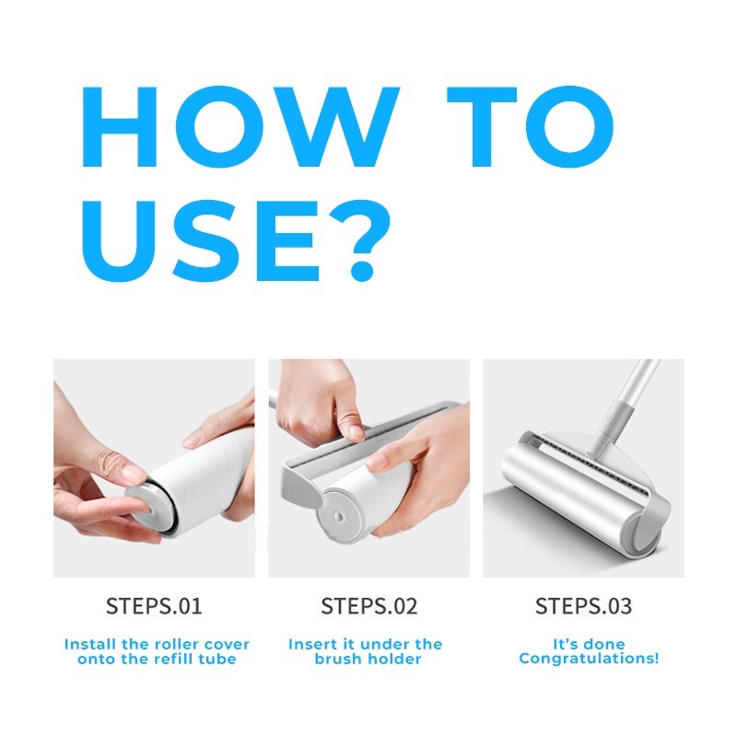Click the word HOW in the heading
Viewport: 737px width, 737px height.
point(240,127)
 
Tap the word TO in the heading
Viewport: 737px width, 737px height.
point(531,127)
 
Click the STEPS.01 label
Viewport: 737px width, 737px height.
point(154,606)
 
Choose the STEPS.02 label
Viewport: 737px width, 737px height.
point(369,606)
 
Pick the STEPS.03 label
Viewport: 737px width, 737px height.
point(583,606)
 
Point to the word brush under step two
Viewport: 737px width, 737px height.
point(338,659)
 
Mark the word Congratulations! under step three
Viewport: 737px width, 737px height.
point(589,659)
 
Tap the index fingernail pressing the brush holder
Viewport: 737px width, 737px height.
point(357,432)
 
